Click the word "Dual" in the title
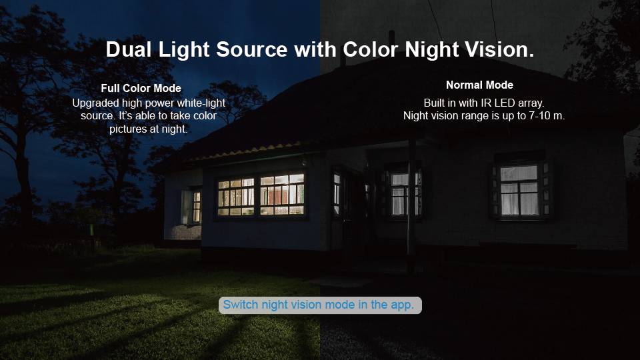click(x=129, y=49)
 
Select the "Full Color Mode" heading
click(x=141, y=88)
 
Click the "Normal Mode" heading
click(x=479, y=85)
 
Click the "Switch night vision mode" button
click(x=320, y=305)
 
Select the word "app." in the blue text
click(x=402, y=305)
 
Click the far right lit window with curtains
click(x=519, y=190)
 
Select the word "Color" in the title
click(x=371, y=49)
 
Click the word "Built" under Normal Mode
click(x=435, y=103)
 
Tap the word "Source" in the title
click(x=252, y=49)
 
